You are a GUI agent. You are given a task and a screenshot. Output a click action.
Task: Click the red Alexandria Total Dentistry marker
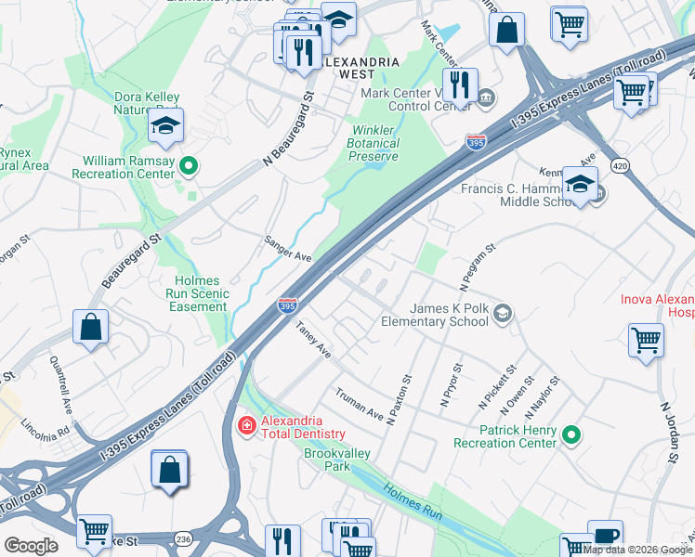(247, 425)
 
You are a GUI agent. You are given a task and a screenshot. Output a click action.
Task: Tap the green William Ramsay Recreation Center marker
(189, 166)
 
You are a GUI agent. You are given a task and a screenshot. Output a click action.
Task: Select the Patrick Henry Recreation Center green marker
(572, 434)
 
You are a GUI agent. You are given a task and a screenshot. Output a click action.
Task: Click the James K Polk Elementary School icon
(503, 313)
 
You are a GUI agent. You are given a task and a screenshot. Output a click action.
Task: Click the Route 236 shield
(182, 538)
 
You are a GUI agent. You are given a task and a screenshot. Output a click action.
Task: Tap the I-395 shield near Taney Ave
(287, 305)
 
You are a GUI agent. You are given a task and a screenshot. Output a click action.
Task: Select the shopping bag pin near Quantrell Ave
(91, 328)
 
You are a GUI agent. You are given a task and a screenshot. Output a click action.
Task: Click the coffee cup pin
(604, 537)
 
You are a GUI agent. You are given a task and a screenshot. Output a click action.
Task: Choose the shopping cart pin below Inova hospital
(646, 340)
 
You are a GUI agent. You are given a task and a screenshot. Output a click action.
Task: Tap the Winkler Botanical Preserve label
(374, 143)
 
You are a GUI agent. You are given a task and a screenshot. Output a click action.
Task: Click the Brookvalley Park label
(327, 460)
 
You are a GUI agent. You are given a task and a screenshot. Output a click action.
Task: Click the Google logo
(31, 546)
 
